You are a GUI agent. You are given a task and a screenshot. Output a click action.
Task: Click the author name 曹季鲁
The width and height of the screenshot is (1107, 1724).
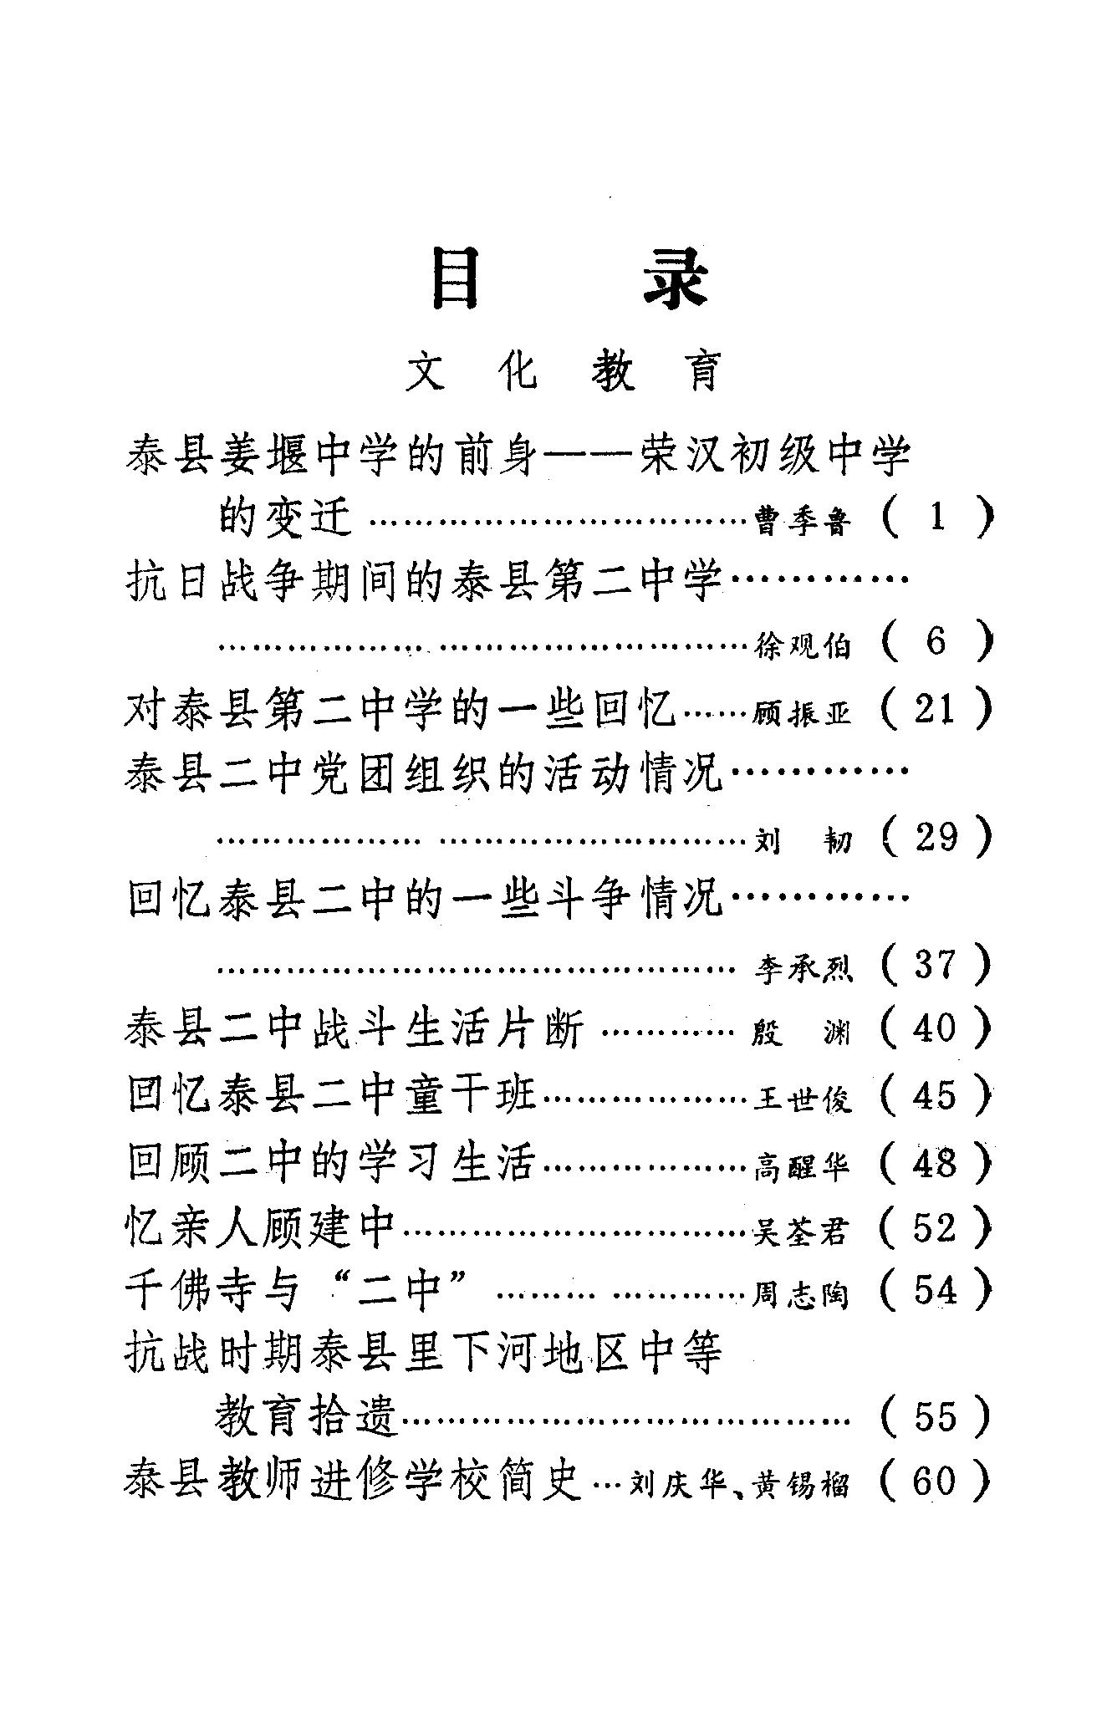(x=802, y=521)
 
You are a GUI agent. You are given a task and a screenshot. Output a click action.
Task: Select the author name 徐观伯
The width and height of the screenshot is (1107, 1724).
(x=802, y=645)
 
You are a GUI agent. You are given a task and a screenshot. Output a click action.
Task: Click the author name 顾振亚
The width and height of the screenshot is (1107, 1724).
(x=802, y=713)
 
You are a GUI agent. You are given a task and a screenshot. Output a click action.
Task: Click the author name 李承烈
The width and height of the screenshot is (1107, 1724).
(x=802, y=967)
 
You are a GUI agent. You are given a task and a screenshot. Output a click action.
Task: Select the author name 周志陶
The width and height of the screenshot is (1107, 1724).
(x=802, y=1295)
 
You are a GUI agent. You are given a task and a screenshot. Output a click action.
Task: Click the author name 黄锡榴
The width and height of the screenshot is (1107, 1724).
(x=802, y=1486)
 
